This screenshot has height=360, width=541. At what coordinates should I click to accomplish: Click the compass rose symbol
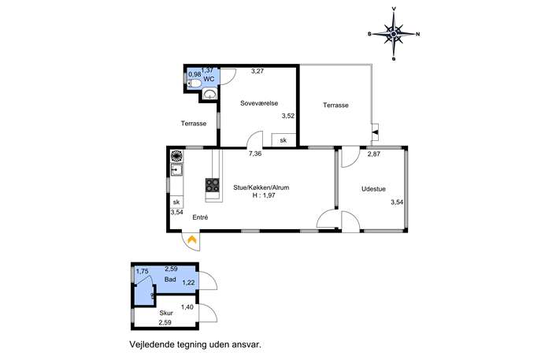click(394, 34)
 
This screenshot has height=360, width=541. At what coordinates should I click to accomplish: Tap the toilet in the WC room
click(194, 84)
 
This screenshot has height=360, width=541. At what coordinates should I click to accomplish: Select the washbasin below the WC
click(209, 95)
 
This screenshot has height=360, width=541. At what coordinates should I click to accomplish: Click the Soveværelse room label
click(259, 103)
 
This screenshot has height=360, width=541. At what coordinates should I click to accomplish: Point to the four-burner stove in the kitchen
click(213, 185)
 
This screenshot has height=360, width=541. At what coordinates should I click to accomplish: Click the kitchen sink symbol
click(176, 170)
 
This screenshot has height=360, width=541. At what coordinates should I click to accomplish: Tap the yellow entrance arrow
click(191, 239)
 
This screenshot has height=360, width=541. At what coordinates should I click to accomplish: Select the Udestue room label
click(373, 189)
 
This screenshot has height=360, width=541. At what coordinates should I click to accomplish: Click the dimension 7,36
click(255, 154)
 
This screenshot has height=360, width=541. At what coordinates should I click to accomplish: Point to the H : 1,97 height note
click(264, 195)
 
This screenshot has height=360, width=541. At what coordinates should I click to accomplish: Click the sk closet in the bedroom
click(283, 140)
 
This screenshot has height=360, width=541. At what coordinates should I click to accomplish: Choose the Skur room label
click(166, 313)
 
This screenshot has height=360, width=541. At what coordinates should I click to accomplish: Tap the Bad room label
click(170, 279)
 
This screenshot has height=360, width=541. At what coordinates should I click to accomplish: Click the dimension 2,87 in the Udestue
click(374, 154)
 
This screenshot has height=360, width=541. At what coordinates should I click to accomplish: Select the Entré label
click(200, 217)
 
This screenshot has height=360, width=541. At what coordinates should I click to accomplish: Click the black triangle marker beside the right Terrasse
click(375, 132)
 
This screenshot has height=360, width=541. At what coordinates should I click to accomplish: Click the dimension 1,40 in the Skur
click(187, 307)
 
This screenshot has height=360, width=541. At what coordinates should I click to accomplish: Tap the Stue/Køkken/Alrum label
click(261, 187)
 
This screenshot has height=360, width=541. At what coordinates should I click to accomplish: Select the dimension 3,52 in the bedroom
click(288, 116)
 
